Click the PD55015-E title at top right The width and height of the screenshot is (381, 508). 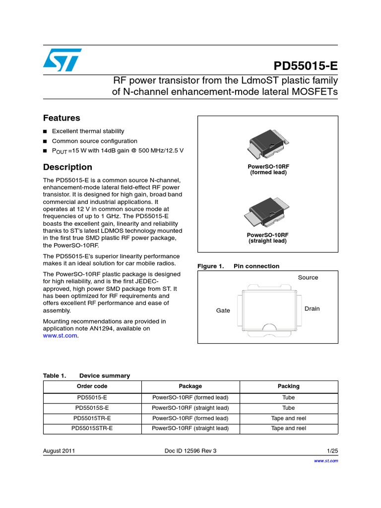tap(306, 66)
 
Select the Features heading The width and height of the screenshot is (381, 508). tap(62, 118)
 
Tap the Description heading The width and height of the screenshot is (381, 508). tap(67, 167)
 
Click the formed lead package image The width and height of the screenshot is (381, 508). tap(268, 146)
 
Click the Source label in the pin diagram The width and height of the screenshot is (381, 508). tap(308, 277)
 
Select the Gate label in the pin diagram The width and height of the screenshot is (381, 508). tap(223, 311)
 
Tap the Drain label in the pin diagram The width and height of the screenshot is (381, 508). tap(312, 309)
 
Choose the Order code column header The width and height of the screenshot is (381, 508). tap(92, 386)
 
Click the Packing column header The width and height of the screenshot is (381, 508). tap(288, 386)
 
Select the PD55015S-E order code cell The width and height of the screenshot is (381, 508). tap(92, 408)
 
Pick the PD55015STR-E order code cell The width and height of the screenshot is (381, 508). tap(92, 428)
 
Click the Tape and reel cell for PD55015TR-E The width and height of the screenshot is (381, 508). tap(288, 418)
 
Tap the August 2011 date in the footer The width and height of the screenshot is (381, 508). tap(59, 451)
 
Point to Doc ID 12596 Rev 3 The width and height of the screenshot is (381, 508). tap(190, 451)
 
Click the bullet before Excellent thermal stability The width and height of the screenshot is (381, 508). tap(45, 131)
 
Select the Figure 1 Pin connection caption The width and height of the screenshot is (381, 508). tap(238, 266)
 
